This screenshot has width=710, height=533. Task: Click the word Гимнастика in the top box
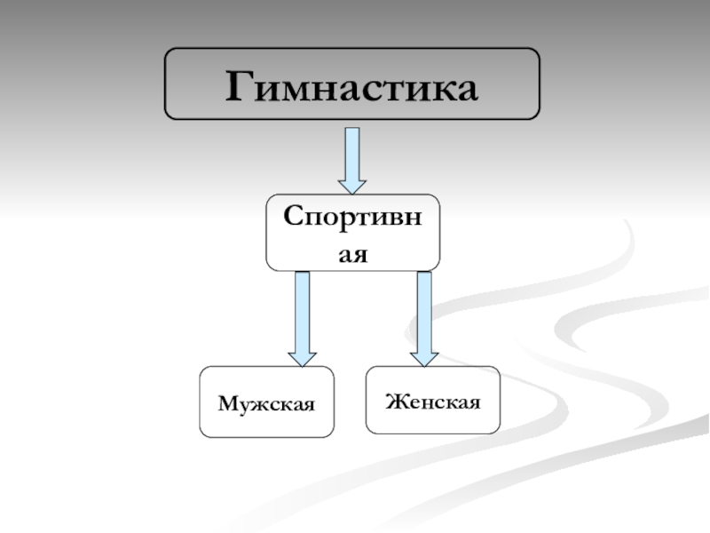(x=352, y=86)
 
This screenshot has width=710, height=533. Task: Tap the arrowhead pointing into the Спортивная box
(x=352, y=186)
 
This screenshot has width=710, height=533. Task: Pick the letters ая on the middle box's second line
(x=352, y=252)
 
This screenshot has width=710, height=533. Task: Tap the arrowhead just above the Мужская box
(x=302, y=357)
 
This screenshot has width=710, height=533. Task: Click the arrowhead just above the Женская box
(x=424, y=357)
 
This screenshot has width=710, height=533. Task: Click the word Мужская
(x=267, y=404)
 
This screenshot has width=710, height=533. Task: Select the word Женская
(x=433, y=402)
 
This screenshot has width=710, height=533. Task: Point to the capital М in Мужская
(x=225, y=404)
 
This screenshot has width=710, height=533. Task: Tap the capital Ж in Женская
(x=393, y=402)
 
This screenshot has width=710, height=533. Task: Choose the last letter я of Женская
(x=475, y=403)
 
